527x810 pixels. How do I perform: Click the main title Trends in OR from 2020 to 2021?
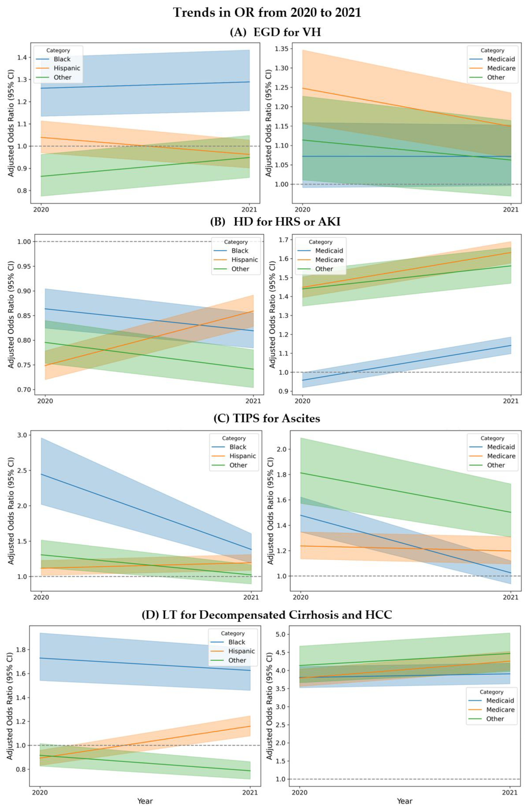pyautogui.click(x=267, y=13)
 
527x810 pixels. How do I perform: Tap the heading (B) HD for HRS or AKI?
pyautogui.click(x=275, y=222)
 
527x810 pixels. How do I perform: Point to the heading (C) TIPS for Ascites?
pyautogui.click(x=267, y=418)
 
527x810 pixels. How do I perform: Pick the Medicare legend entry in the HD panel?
pyautogui.click(x=329, y=260)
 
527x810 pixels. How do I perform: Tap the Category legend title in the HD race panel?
pyautogui.click(x=236, y=242)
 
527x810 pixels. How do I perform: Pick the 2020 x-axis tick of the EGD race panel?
pyautogui.click(x=41, y=210)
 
